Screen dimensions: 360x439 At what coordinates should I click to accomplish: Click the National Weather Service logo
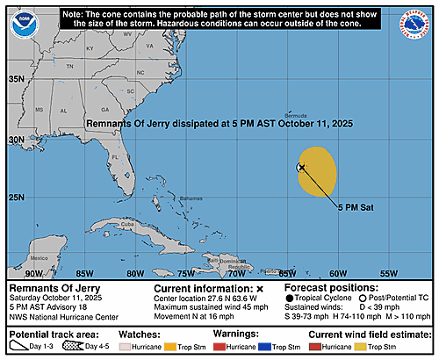pos(414,24)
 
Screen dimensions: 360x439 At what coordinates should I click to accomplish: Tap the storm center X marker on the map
pos(301,167)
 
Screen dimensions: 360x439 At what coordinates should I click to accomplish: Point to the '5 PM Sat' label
pos(357,207)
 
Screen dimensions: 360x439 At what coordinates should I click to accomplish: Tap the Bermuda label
pos(319,115)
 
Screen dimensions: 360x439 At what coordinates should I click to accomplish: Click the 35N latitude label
pos(17,79)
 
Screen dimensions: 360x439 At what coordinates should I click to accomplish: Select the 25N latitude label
pos(17,197)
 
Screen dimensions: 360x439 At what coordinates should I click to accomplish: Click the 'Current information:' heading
pos(203,288)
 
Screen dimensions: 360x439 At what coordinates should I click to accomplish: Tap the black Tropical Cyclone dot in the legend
pos(289,298)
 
